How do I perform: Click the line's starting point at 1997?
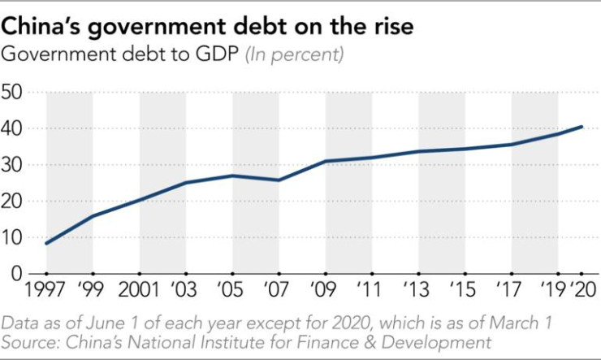[46, 243]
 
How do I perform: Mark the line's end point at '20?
[582, 127]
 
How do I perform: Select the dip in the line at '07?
[279, 180]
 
